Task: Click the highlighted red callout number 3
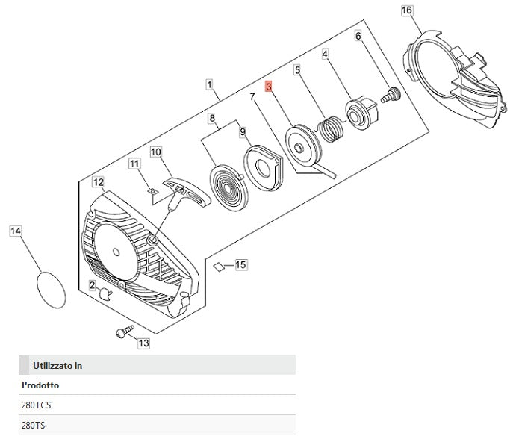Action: [x=270, y=87]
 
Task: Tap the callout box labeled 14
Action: [x=16, y=231]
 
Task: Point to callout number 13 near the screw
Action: [x=143, y=343]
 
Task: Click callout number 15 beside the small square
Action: [x=240, y=265]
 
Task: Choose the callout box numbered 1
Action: [x=210, y=85]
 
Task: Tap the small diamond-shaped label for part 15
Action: [x=217, y=265]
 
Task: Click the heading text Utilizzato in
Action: [x=57, y=365]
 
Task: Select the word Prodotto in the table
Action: [x=39, y=385]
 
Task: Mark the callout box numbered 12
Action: [x=98, y=181]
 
